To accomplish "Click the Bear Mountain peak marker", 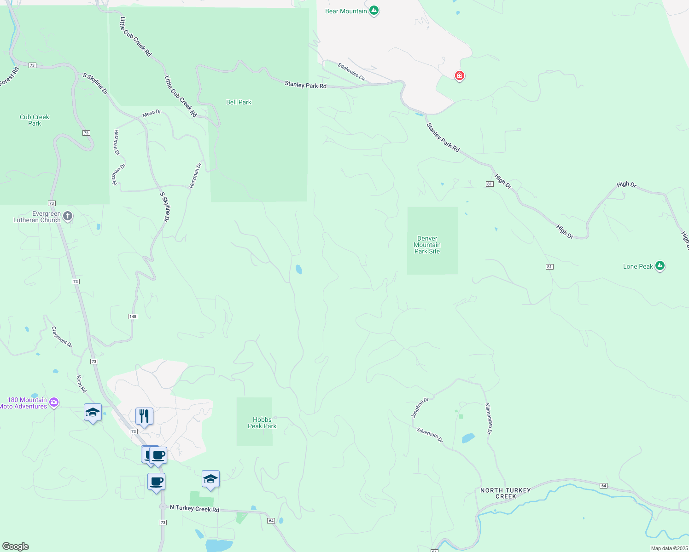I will (x=374, y=10).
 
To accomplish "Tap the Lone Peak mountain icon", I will (x=660, y=266).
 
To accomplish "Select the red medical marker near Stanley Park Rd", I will (x=459, y=75).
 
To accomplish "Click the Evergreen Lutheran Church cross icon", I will (x=68, y=216).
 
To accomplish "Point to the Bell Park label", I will (x=239, y=102).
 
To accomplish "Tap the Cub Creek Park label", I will (x=35, y=120).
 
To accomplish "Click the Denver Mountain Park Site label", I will (x=427, y=245).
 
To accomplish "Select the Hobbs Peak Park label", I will (x=262, y=423).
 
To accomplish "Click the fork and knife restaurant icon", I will (x=144, y=416).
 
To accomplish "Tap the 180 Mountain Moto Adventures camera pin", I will (x=54, y=402).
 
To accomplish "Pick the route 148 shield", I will (x=133, y=316).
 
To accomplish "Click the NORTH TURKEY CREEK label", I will (x=506, y=493).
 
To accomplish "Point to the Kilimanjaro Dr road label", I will (x=488, y=419).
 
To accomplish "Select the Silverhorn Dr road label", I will (x=430, y=435).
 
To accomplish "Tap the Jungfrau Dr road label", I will (x=420, y=408).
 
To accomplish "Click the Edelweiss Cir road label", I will (x=351, y=72).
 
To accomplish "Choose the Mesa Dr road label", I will (x=152, y=113).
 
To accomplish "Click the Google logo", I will (x=16, y=546).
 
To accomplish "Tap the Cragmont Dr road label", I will (x=62, y=337).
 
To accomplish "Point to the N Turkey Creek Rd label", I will (x=194, y=509).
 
